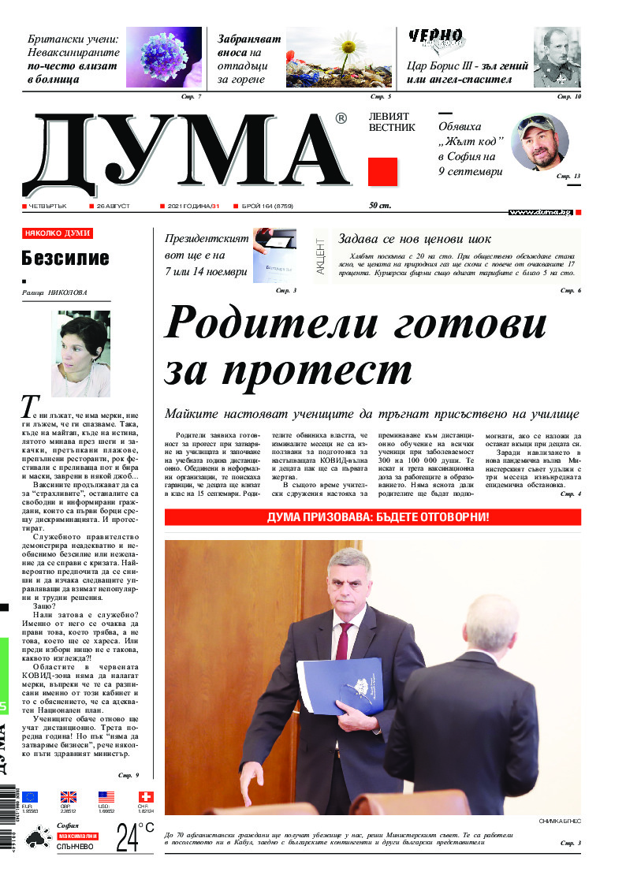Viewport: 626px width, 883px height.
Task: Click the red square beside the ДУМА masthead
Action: click(x=382, y=171)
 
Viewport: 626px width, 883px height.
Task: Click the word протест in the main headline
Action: click(x=288, y=369)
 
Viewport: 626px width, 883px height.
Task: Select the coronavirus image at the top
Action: click(x=164, y=58)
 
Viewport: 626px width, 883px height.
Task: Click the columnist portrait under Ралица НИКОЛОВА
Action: click(x=80, y=353)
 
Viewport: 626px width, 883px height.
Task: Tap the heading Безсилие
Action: click(x=65, y=258)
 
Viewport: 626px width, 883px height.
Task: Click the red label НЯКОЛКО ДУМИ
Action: click(x=58, y=233)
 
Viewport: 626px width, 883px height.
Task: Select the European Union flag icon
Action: click(x=30, y=796)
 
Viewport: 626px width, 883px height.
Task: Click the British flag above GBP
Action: click(x=69, y=796)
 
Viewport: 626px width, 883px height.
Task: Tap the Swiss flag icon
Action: click(x=145, y=796)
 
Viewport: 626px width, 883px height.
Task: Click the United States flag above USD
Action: click(x=106, y=796)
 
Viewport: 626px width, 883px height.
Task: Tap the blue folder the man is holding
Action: click(x=340, y=684)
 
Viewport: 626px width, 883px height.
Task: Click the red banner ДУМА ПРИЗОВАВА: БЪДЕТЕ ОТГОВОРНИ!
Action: click(x=372, y=517)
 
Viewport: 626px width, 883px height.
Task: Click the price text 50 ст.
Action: click(x=380, y=206)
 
